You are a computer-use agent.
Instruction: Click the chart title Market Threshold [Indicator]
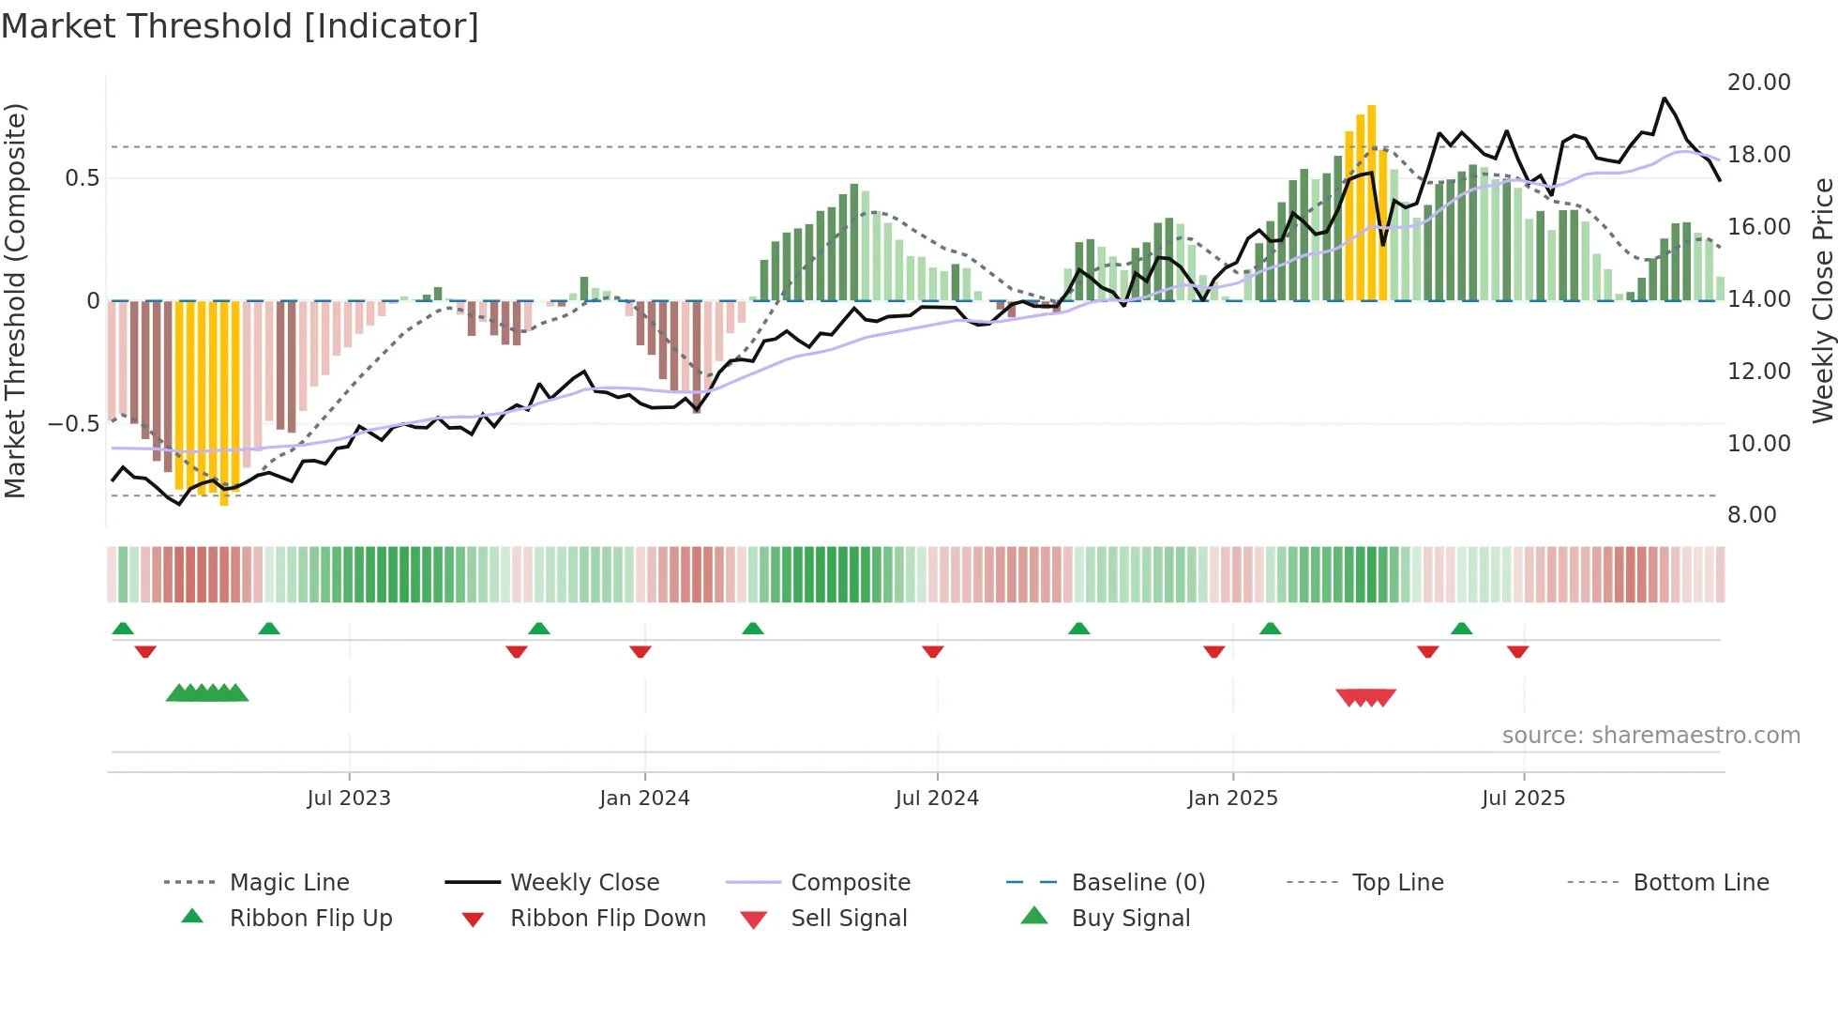(240, 26)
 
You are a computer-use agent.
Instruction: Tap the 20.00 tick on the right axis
(1758, 83)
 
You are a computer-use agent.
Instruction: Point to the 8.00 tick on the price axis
(1752, 515)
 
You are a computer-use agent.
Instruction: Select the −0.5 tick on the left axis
(73, 424)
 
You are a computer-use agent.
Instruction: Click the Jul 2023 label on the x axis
(349, 798)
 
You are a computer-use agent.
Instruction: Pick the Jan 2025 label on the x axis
(1232, 798)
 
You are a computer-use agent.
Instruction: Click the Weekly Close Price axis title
(1822, 300)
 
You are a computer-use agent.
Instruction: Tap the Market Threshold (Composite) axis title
(15, 300)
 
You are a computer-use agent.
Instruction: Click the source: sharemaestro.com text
(1650, 736)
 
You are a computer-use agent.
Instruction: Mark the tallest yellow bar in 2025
(1372, 202)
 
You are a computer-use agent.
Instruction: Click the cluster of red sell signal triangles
(1366, 697)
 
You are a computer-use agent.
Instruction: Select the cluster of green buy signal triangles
(207, 693)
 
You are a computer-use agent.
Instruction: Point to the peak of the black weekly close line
(1665, 98)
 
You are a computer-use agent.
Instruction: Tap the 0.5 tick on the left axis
(83, 178)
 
